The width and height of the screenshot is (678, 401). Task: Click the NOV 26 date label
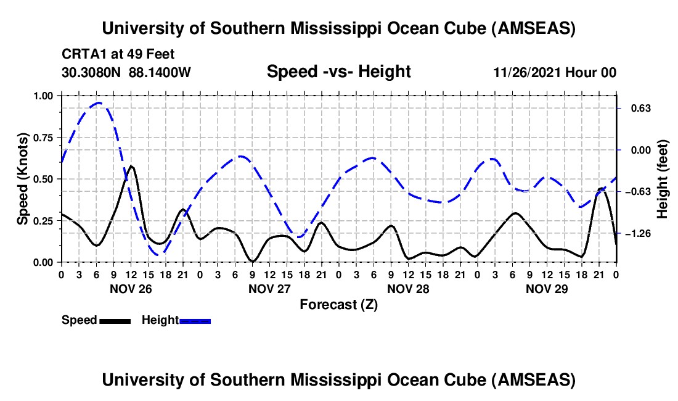coord(131,288)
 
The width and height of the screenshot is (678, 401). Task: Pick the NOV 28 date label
coord(408,288)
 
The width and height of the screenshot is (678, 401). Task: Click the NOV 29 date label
coord(547,288)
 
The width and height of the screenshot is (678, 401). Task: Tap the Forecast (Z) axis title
coord(338,304)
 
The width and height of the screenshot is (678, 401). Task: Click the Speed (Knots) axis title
coord(22,179)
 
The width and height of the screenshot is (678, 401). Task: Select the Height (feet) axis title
coord(663,179)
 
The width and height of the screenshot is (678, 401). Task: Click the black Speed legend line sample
coord(115,320)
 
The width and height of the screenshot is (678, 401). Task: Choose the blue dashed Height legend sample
coord(195,320)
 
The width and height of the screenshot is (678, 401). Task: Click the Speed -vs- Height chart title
coord(338,72)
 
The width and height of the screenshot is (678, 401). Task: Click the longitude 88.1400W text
coord(160,72)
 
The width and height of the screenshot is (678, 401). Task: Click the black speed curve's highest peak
coord(131,166)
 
